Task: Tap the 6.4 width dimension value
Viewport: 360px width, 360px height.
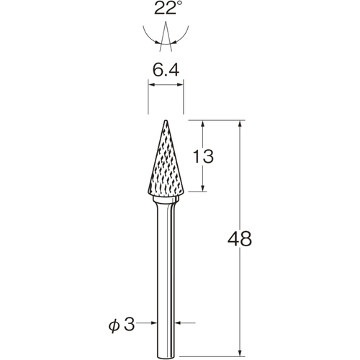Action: (x=166, y=71)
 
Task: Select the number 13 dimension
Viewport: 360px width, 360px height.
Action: (x=203, y=156)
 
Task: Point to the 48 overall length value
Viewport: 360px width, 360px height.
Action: (x=240, y=239)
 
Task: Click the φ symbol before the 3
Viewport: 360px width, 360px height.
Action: (x=114, y=326)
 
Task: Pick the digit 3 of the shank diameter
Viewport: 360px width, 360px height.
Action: (x=130, y=325)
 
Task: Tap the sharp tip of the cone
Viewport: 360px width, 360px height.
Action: (x=166, y=120)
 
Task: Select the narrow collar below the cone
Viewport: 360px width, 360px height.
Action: (x=166, y=199)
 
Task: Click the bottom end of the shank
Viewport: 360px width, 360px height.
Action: (x=166, y=356)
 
